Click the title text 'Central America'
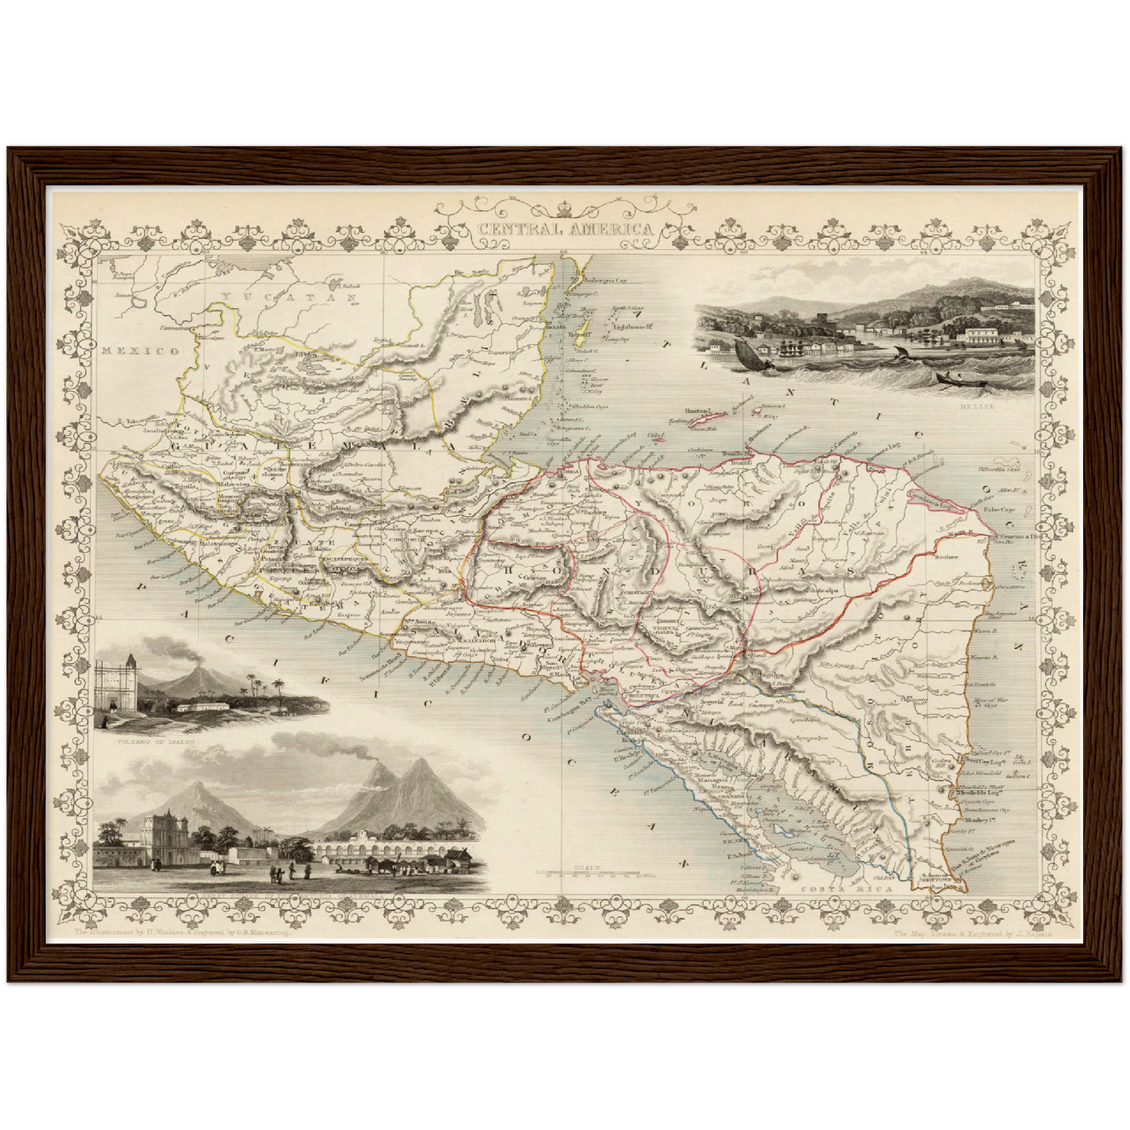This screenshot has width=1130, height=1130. click(564, 229)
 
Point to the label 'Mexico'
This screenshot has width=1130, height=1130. click(140, 351)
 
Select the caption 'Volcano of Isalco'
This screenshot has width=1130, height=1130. click(156, 738)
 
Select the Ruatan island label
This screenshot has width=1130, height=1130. click(697, 410)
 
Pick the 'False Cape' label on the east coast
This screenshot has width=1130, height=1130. click(1016, 507)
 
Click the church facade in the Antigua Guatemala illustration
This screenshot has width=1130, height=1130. click(165, 835)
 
